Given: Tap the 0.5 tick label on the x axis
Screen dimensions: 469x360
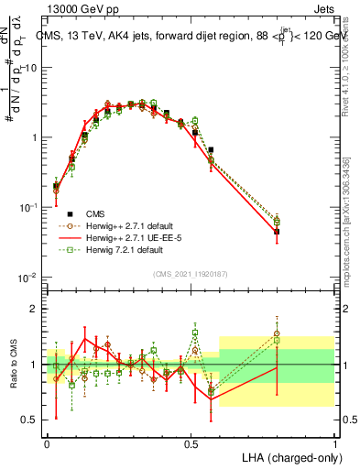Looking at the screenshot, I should click(x=191, y=442).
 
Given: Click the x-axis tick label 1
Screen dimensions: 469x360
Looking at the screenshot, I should click(x=334, y=442).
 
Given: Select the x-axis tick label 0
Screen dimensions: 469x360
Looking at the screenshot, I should click(x=48, y=442).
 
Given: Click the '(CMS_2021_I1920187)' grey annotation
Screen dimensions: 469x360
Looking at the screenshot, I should click(x=191, y=274).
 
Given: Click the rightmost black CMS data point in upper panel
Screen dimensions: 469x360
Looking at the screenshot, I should click(x=277, y=232).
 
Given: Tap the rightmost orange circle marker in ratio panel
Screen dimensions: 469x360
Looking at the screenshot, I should click(x=277, y=333).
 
